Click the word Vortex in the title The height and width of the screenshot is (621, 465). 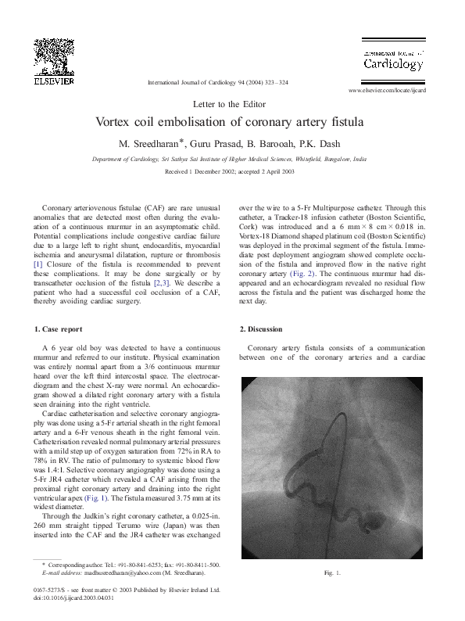116,123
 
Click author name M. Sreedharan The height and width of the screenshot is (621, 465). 146,142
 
